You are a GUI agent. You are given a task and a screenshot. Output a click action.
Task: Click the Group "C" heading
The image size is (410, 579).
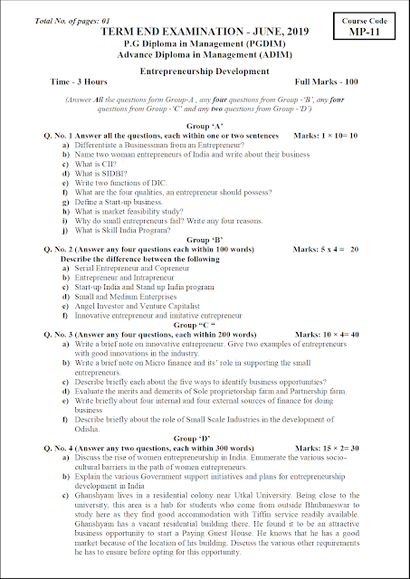205,324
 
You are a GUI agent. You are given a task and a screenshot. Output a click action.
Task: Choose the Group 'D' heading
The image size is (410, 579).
205,437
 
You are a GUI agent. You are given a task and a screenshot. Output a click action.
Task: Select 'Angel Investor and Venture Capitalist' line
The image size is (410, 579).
137,306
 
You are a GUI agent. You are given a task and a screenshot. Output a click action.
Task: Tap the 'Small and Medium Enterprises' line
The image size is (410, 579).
123,296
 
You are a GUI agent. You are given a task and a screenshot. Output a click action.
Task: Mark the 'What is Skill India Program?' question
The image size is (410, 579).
130,230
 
